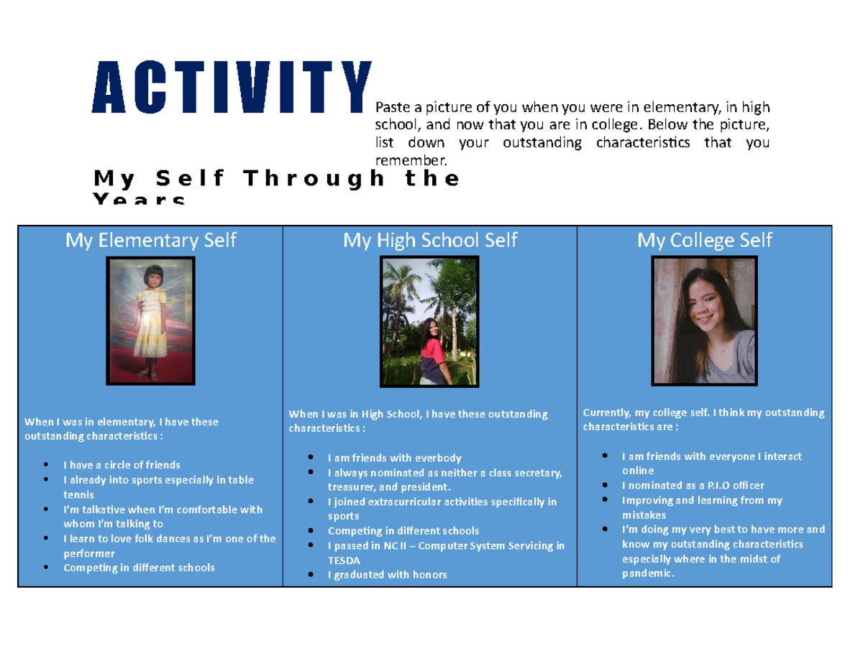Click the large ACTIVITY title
(232, 87)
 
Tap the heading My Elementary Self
(151, 241)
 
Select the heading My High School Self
(430, 241)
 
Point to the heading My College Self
(705, 241)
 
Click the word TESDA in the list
(344, 560)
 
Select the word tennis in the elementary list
(78, 494)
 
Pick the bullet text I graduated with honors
(387, 575)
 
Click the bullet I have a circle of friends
(122, 465)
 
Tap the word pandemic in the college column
(648, 573)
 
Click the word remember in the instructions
(411, 161)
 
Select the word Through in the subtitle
(314, 178)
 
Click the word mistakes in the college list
(644, 515)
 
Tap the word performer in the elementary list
(89, 554)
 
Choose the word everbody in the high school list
(438, 458)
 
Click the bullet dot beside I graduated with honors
(311, 574)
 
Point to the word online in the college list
(638, 471)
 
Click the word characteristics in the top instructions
(643, 143)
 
